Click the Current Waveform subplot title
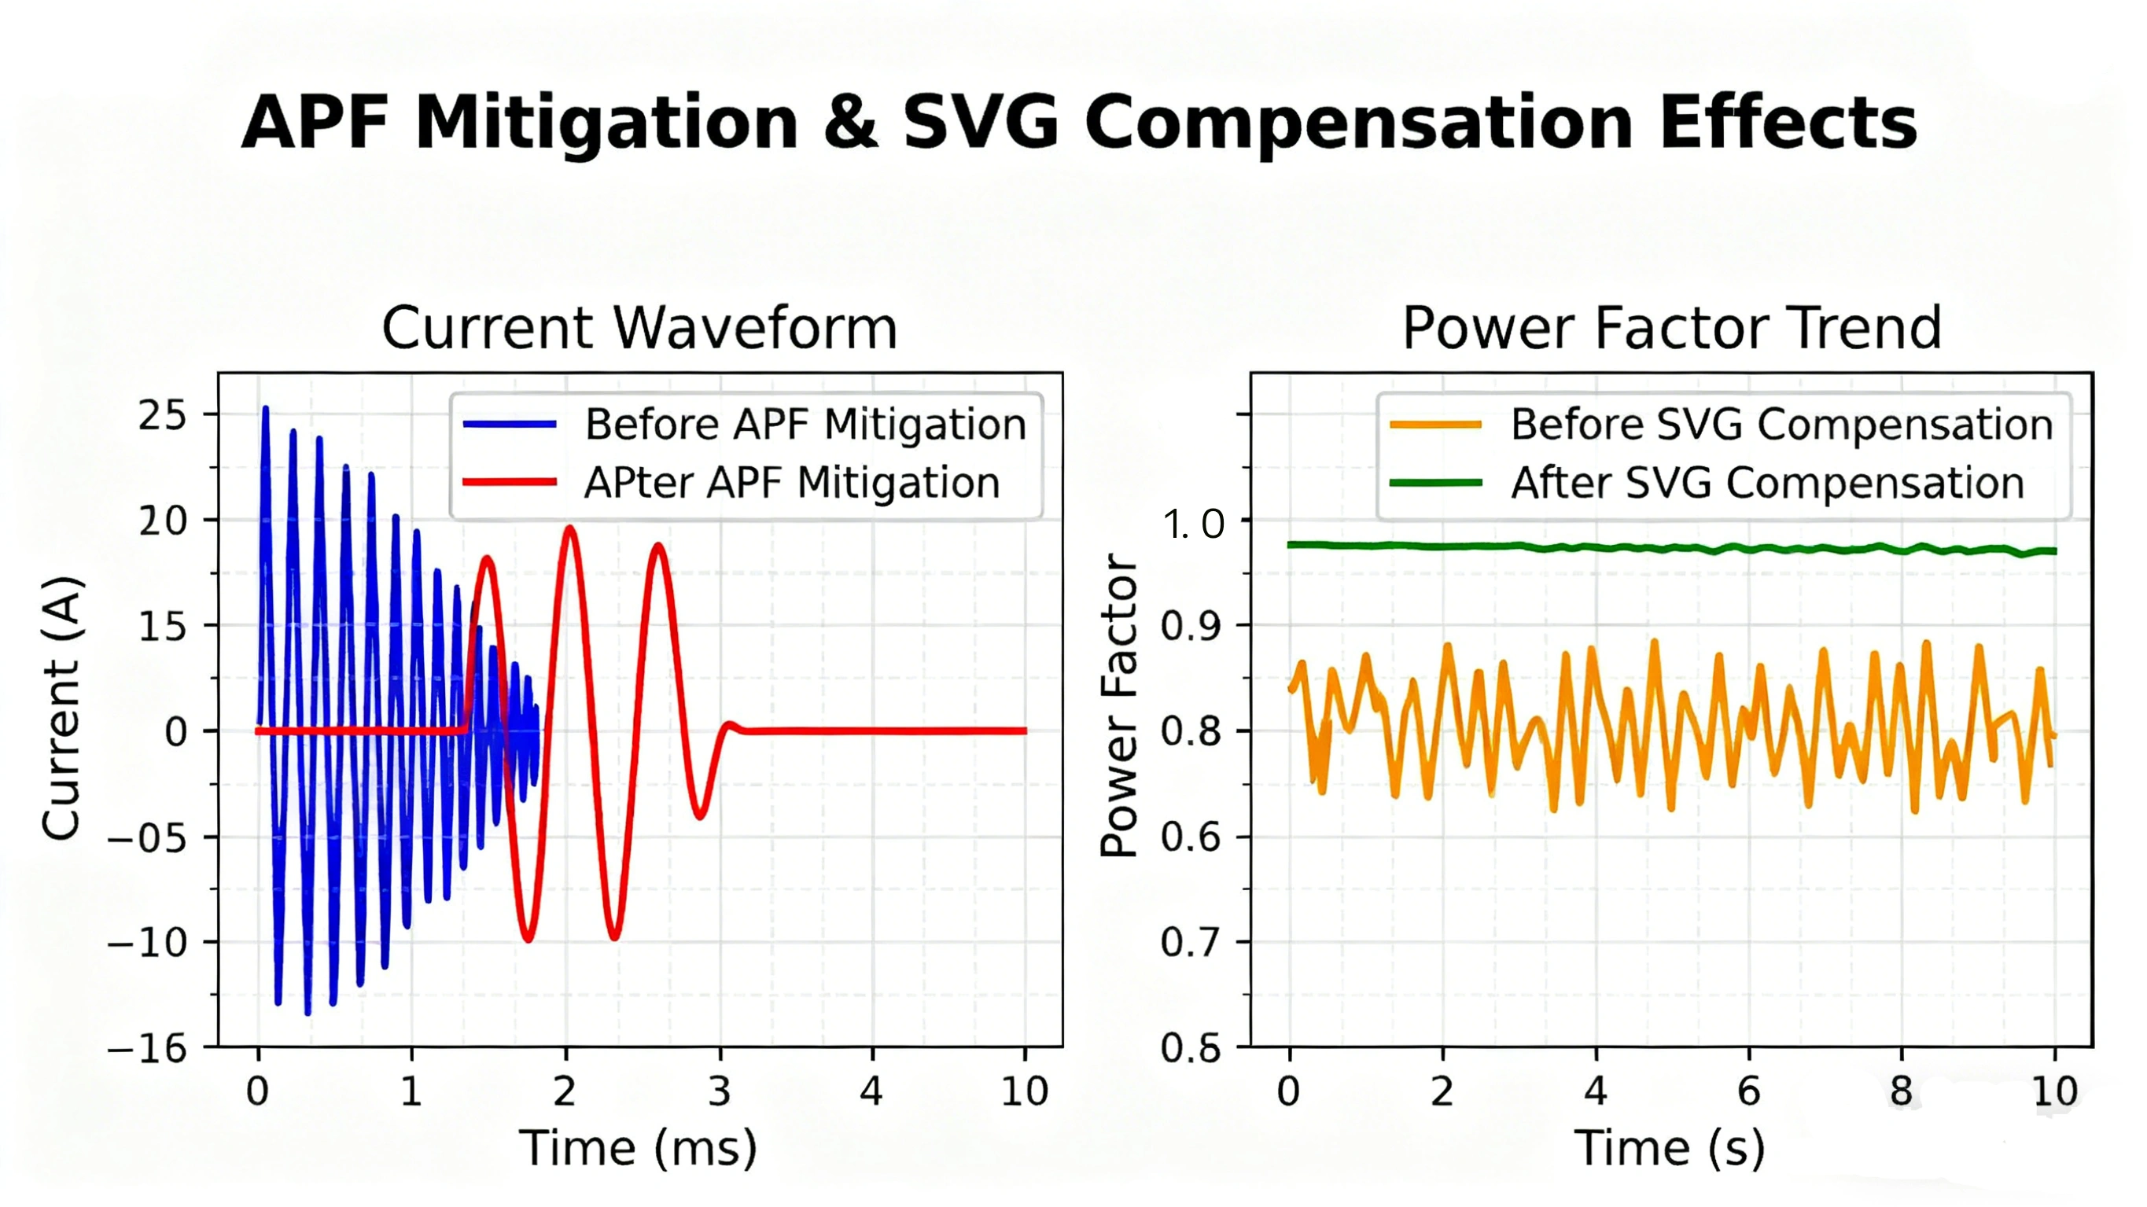pyautogui.click(x=639, y=328)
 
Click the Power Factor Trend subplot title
pyautogui.click(x=1671, y=328)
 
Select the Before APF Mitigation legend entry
pyautogui.click(x=805, y=425)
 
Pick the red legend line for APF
pyautogui.click(x=510, y=482)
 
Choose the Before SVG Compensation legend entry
pyautogui.click(x=1781, y=425)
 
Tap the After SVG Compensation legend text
pyautogui.click(x=1767, y=483)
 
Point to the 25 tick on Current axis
pyautogui.click(x=164, y=415)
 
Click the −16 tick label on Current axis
pyautogui.click(x=149, y=1048)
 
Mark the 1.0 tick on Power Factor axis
pyautogui.click(x=1194, y=524)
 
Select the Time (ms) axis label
pyautogui.click(x=639, y=1148)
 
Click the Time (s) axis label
pyautogui.click(x=1670, y=1148)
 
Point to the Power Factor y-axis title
pyautogui.click(x=1119, y=705)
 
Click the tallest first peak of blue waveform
pyautogui.click(x=266, y=408)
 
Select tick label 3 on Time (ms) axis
pyautogui.click(x=720, y=1091)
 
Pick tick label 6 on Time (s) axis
pyautogui.click(x=1748, y=1091)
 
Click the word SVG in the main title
pyautogui.click(x=981, y=123)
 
